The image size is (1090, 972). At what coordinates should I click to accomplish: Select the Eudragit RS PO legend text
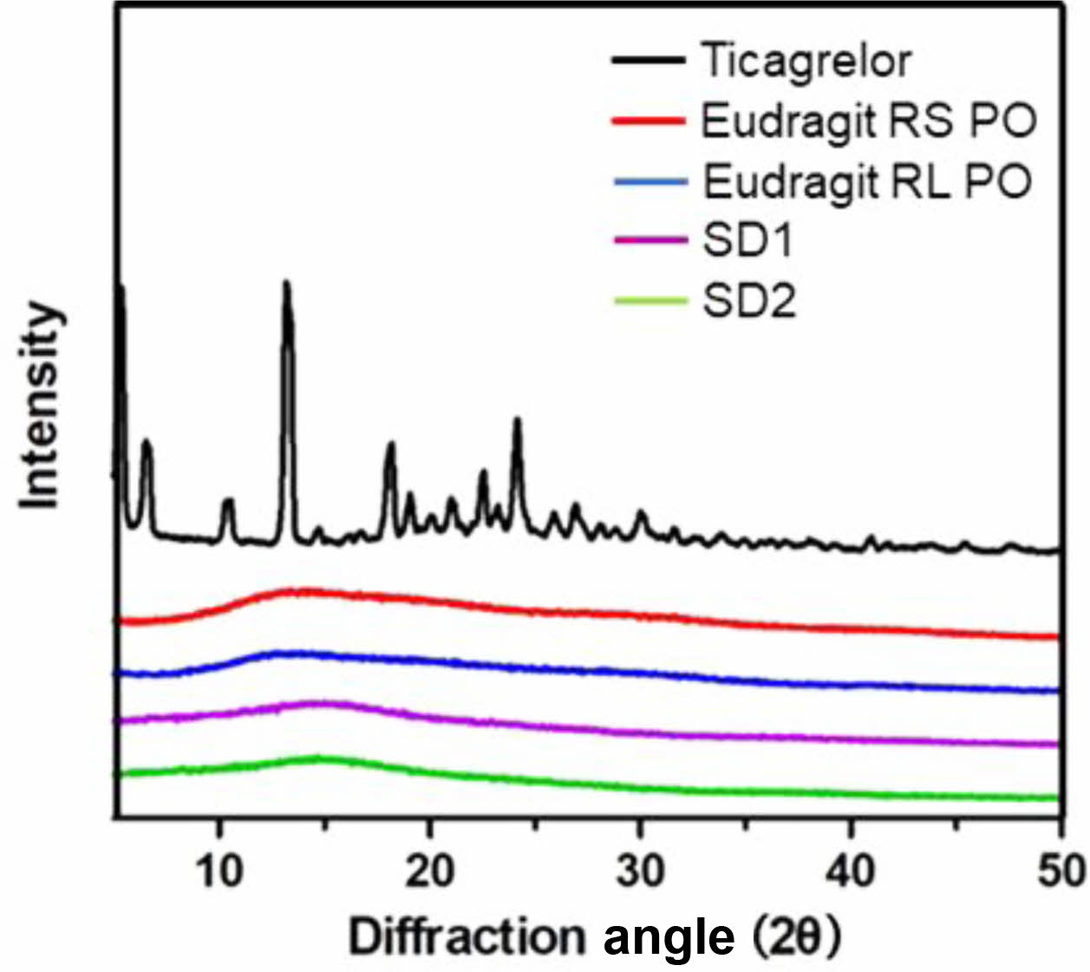869,121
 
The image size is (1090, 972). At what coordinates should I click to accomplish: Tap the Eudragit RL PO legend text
867,182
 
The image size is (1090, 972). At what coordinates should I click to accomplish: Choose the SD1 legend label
747,241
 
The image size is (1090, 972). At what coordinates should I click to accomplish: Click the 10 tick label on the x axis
219,870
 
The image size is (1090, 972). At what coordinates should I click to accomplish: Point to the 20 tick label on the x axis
430,870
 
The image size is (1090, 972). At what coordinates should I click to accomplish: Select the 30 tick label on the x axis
641,870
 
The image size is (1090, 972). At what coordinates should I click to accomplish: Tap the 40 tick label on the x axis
852,870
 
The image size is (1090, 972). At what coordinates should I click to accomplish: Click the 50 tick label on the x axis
1060,870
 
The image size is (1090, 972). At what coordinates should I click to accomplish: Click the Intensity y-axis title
42,406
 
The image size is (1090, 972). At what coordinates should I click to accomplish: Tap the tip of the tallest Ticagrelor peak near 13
286,283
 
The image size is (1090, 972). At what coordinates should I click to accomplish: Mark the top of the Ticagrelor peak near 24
518,420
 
